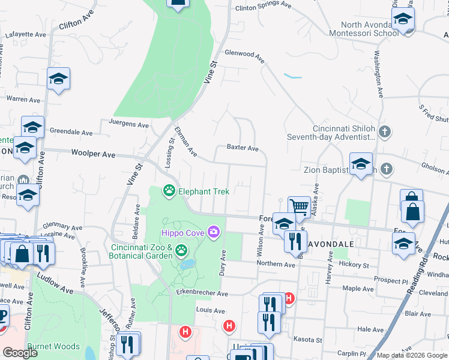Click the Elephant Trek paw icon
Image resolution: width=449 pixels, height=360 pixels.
(x=169, y=191)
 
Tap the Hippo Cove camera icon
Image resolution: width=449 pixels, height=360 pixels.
(x=213, y=232)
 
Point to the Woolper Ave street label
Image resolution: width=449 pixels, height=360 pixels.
(x=93, y=154)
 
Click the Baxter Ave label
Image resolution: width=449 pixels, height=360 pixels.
(x=243, y=148)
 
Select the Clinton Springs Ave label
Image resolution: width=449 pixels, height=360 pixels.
(x=264, y=5)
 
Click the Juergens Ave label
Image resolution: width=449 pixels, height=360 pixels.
(x=128, y=125)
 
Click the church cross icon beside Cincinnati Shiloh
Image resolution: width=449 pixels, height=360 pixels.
(x=385, y=131)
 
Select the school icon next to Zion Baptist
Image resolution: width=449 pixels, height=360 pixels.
(x=361, y=163)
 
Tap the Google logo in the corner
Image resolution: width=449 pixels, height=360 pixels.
(x=20, y=353)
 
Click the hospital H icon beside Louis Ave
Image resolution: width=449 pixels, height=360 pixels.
(x=229, y=326)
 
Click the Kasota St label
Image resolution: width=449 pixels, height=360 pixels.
(x=308, y=340)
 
